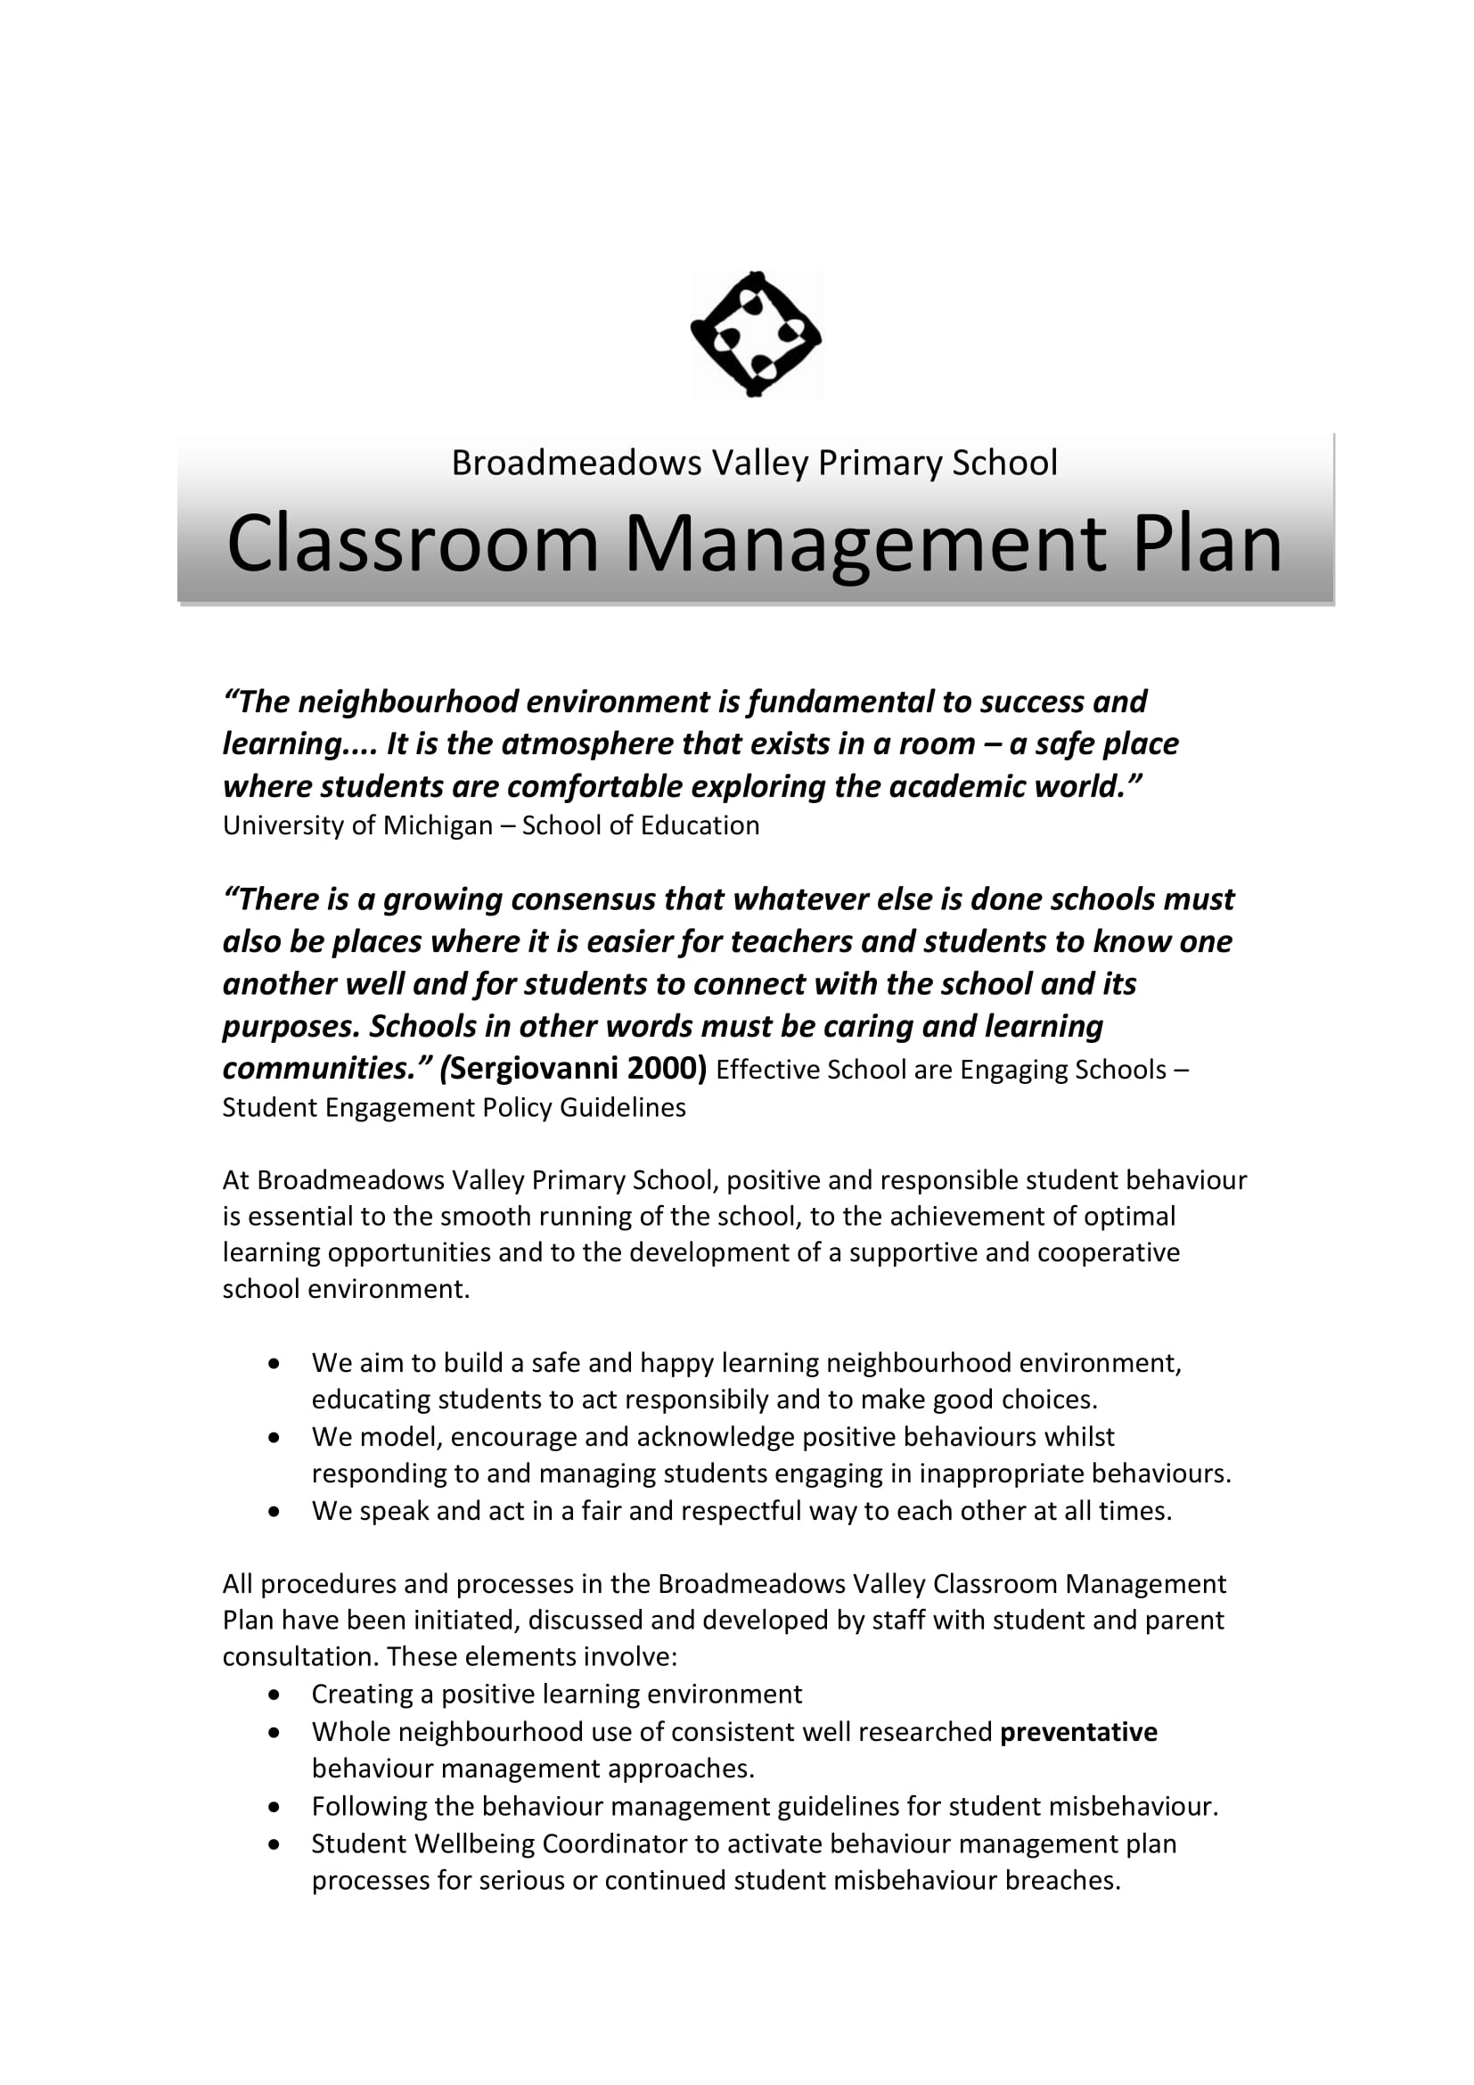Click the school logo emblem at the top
click(x=756, y=334)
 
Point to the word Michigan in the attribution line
click(x=438, y=825)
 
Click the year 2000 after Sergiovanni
click(x=666, y=1068)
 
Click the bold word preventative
click(x=1078, y=1732)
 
